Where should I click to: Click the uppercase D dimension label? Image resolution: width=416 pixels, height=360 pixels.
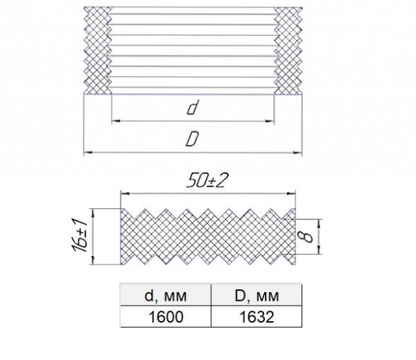point(192,139)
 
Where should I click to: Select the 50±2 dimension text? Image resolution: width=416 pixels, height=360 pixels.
point(207,181)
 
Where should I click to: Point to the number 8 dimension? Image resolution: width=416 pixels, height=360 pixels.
point(307,236)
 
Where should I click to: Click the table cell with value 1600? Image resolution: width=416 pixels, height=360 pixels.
point(166,316)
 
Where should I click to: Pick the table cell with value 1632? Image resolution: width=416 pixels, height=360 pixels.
point(256,316)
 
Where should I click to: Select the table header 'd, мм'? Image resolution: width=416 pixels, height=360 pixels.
point(166,295)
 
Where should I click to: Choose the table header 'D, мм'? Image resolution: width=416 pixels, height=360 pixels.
point(256,295)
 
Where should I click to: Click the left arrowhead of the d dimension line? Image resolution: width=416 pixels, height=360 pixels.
point(116,121)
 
